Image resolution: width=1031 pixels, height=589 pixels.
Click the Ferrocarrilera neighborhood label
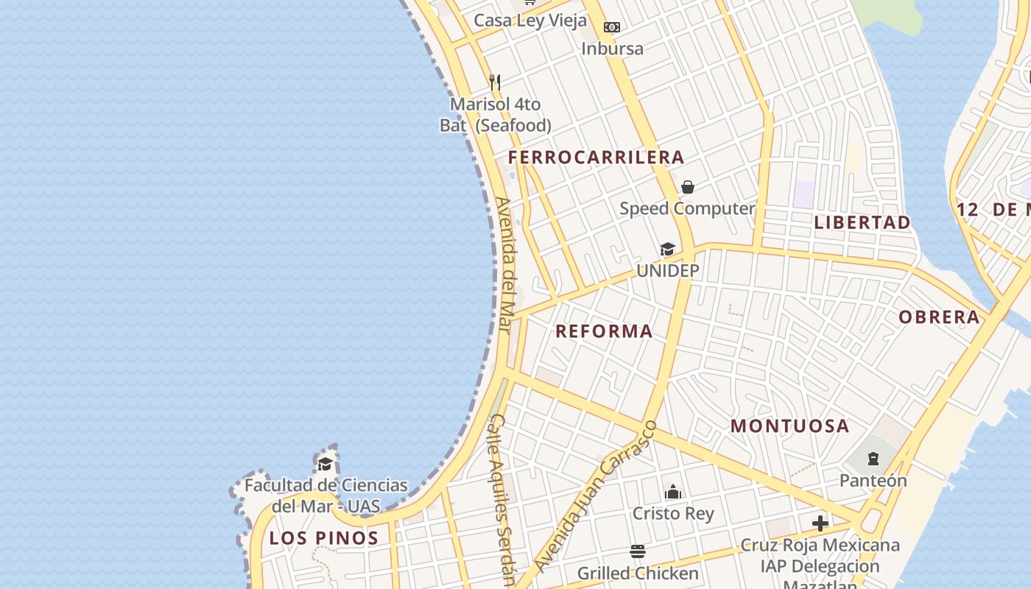coord(596,157)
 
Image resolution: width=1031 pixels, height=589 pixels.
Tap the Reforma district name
coord(604,331)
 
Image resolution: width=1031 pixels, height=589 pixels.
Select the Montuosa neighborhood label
coord(790,426)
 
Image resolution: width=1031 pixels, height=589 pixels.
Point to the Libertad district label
coord(862,222)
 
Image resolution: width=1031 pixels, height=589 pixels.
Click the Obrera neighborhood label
coord(939,317)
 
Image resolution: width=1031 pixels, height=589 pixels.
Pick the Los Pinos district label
coord(324,537)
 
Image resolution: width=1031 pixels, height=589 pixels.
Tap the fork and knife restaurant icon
coord(495,82)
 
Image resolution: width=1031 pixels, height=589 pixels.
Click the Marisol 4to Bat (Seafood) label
coord(496,115)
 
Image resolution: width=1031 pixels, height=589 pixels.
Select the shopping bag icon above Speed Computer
coord(687,187)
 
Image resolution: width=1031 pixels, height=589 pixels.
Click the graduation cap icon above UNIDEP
coord(667,249)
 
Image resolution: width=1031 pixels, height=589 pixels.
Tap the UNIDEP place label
coord(667,270)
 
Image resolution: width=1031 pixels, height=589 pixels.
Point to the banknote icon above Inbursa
coord(611,27)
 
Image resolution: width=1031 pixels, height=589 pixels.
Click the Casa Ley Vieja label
coord(530,20)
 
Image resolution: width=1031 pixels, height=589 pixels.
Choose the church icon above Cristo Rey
coord(673,492)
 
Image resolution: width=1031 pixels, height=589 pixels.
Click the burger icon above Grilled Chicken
coord(638,551)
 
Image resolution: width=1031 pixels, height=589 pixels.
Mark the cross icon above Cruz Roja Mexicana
coord(820,523)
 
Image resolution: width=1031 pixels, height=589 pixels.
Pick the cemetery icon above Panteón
coord(873,459)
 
